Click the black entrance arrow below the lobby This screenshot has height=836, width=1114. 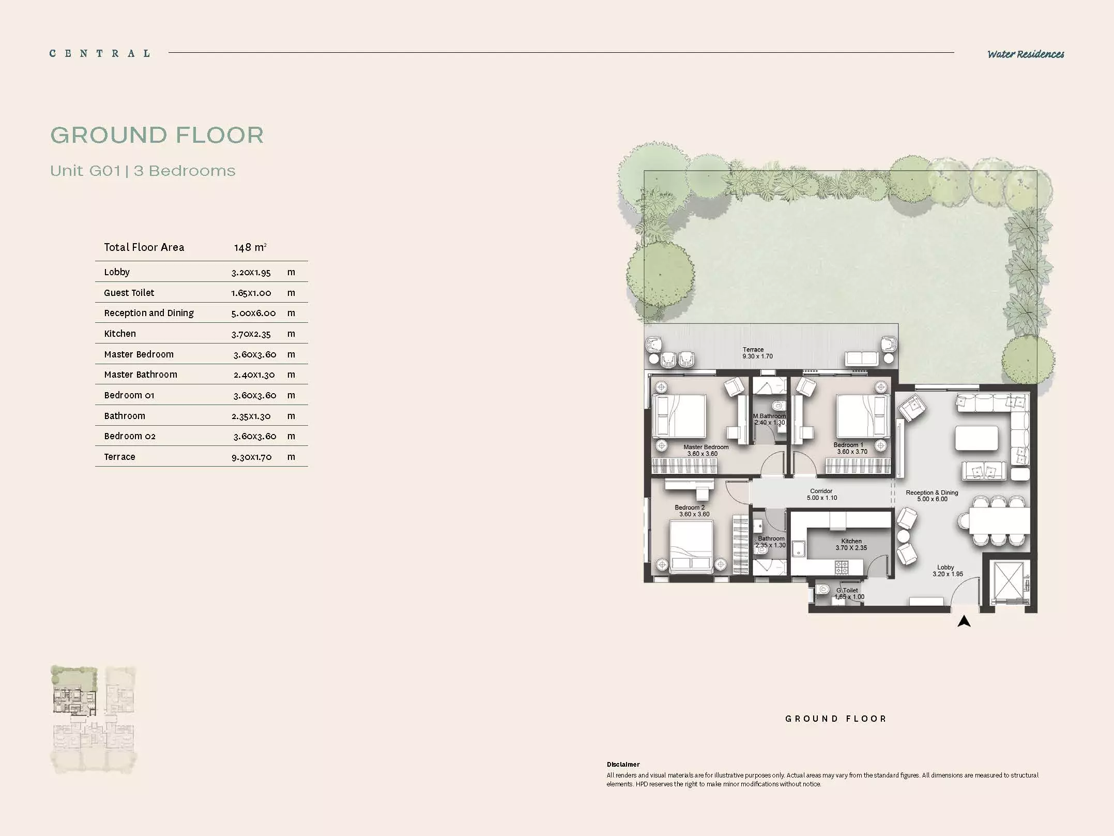pyautogui.click(x=964, y=621)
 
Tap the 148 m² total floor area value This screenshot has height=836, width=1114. pyautogui.click(x=250, y=247)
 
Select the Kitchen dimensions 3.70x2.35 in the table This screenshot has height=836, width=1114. pyautogui.click(x=251, y=334)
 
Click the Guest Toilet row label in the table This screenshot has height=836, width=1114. pyautogui.click(x=129, y=293)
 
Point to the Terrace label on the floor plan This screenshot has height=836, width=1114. pyautogui.click(x=753, y=350)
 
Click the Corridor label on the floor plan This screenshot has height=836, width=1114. pyautogui.click(x=821, y=491)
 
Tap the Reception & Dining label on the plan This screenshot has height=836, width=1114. pyautogui.click(x=932, y=492)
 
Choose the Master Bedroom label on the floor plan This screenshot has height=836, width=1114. pyautogui.click(x=706, y=447)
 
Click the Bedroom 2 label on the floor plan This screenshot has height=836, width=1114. pyautogui.click(x=690, y=507)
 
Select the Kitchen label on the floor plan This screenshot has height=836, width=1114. pyautogui.click(x=851, y=541)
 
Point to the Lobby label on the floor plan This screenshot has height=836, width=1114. pyautogui.click(x=945, y=568)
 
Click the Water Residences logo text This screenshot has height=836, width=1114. pyautogui.click(x=1026, y=54)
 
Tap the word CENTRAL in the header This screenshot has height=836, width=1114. pyautogui.click(x=100, y=53)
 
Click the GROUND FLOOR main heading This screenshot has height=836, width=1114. pyautogui.click(x=157, y=135)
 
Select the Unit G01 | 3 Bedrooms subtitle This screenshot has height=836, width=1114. pyautogui.click(x=143, y=171)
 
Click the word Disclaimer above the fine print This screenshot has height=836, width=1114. pyautogui.click(x=623, y=764)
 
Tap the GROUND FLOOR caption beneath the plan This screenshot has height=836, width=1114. pyautogui.click(x=836, y=719)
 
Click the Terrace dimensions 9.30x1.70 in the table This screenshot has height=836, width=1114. pyautogui.click(x=252, y=457)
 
